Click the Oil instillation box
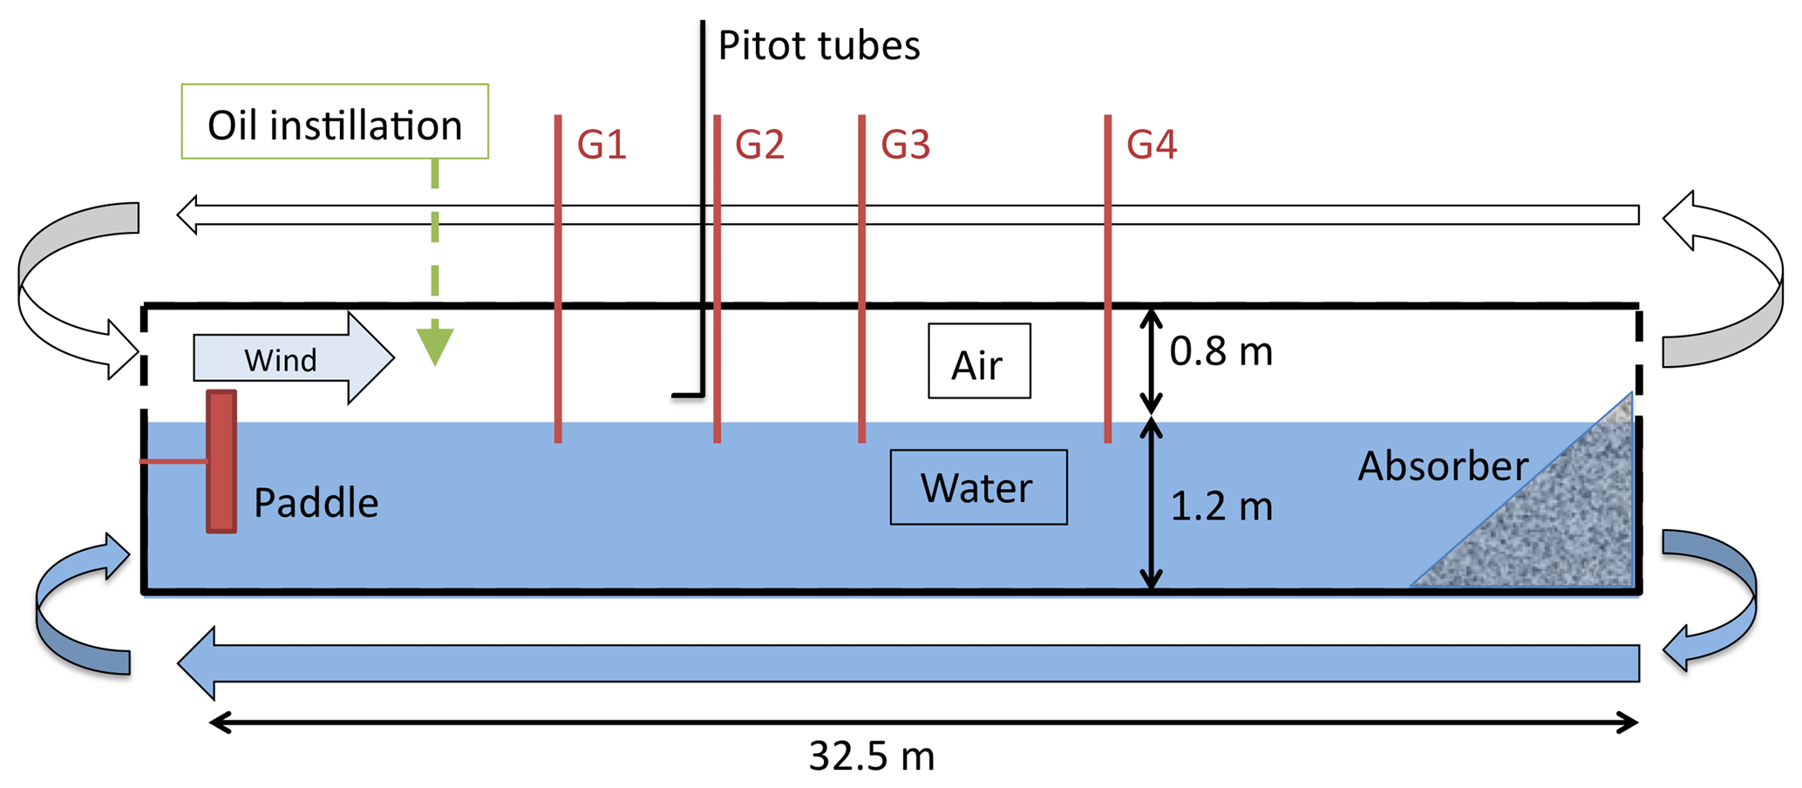pyautogui.click(x=335, y=122)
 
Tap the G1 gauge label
pyautogui.click(x=602, y=145)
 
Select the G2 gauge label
pyautogui.click(x=759, y=145)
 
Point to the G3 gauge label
pyautogui.click(x=905, y=145)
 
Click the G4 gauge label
pyautogui.click(x=1152, y=145)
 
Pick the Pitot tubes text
pyautogui.click(x=819, y=46)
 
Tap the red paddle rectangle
pyautogui.click(x=221, y=461)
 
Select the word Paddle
pyautogui.click(x=316, y=504)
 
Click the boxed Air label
pyautogui.click(x=979, y=362)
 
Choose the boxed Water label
pyautogui.click(x=978, y=487)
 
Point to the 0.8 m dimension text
pyautogui.click(x=1221, y=351)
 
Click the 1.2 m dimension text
pyautogui.click(x=1221, y=506)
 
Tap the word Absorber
pyautogui.click(x=1443, y=466)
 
